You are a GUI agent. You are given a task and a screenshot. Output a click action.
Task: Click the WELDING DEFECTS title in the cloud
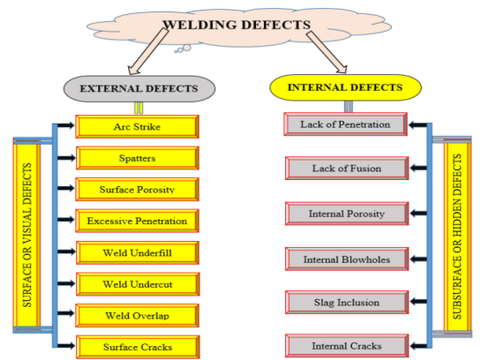coord(239,24)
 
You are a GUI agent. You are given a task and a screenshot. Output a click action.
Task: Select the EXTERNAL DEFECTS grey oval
coord(139,88)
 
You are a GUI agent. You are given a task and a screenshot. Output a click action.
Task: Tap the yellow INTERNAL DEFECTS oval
coord(345,87)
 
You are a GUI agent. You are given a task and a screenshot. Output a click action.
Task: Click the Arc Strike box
coord(136,127)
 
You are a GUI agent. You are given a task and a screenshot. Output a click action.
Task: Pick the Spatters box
coord(136,158)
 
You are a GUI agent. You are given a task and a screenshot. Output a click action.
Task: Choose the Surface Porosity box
coord(136,189)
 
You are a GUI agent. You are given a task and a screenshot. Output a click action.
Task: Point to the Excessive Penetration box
coord(136,221)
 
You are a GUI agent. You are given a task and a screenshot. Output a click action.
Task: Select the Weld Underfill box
coord(136,252)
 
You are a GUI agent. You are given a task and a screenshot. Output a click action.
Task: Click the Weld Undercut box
coord(136,283)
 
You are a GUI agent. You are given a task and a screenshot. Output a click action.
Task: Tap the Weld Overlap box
coord(136,314)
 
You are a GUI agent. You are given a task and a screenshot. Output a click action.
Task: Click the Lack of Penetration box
coord(344,124)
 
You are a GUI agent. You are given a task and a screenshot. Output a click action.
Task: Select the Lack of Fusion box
coord(344,168)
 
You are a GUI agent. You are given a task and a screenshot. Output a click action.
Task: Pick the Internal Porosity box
coord(344,213)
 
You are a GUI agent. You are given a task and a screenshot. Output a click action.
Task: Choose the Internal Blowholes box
coord(344,259)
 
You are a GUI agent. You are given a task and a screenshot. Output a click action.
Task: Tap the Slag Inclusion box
coord(344,302)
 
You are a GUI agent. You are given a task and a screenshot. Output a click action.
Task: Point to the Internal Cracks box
coord(344,345)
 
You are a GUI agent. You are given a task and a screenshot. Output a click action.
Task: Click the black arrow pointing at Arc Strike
coord(66,127)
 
